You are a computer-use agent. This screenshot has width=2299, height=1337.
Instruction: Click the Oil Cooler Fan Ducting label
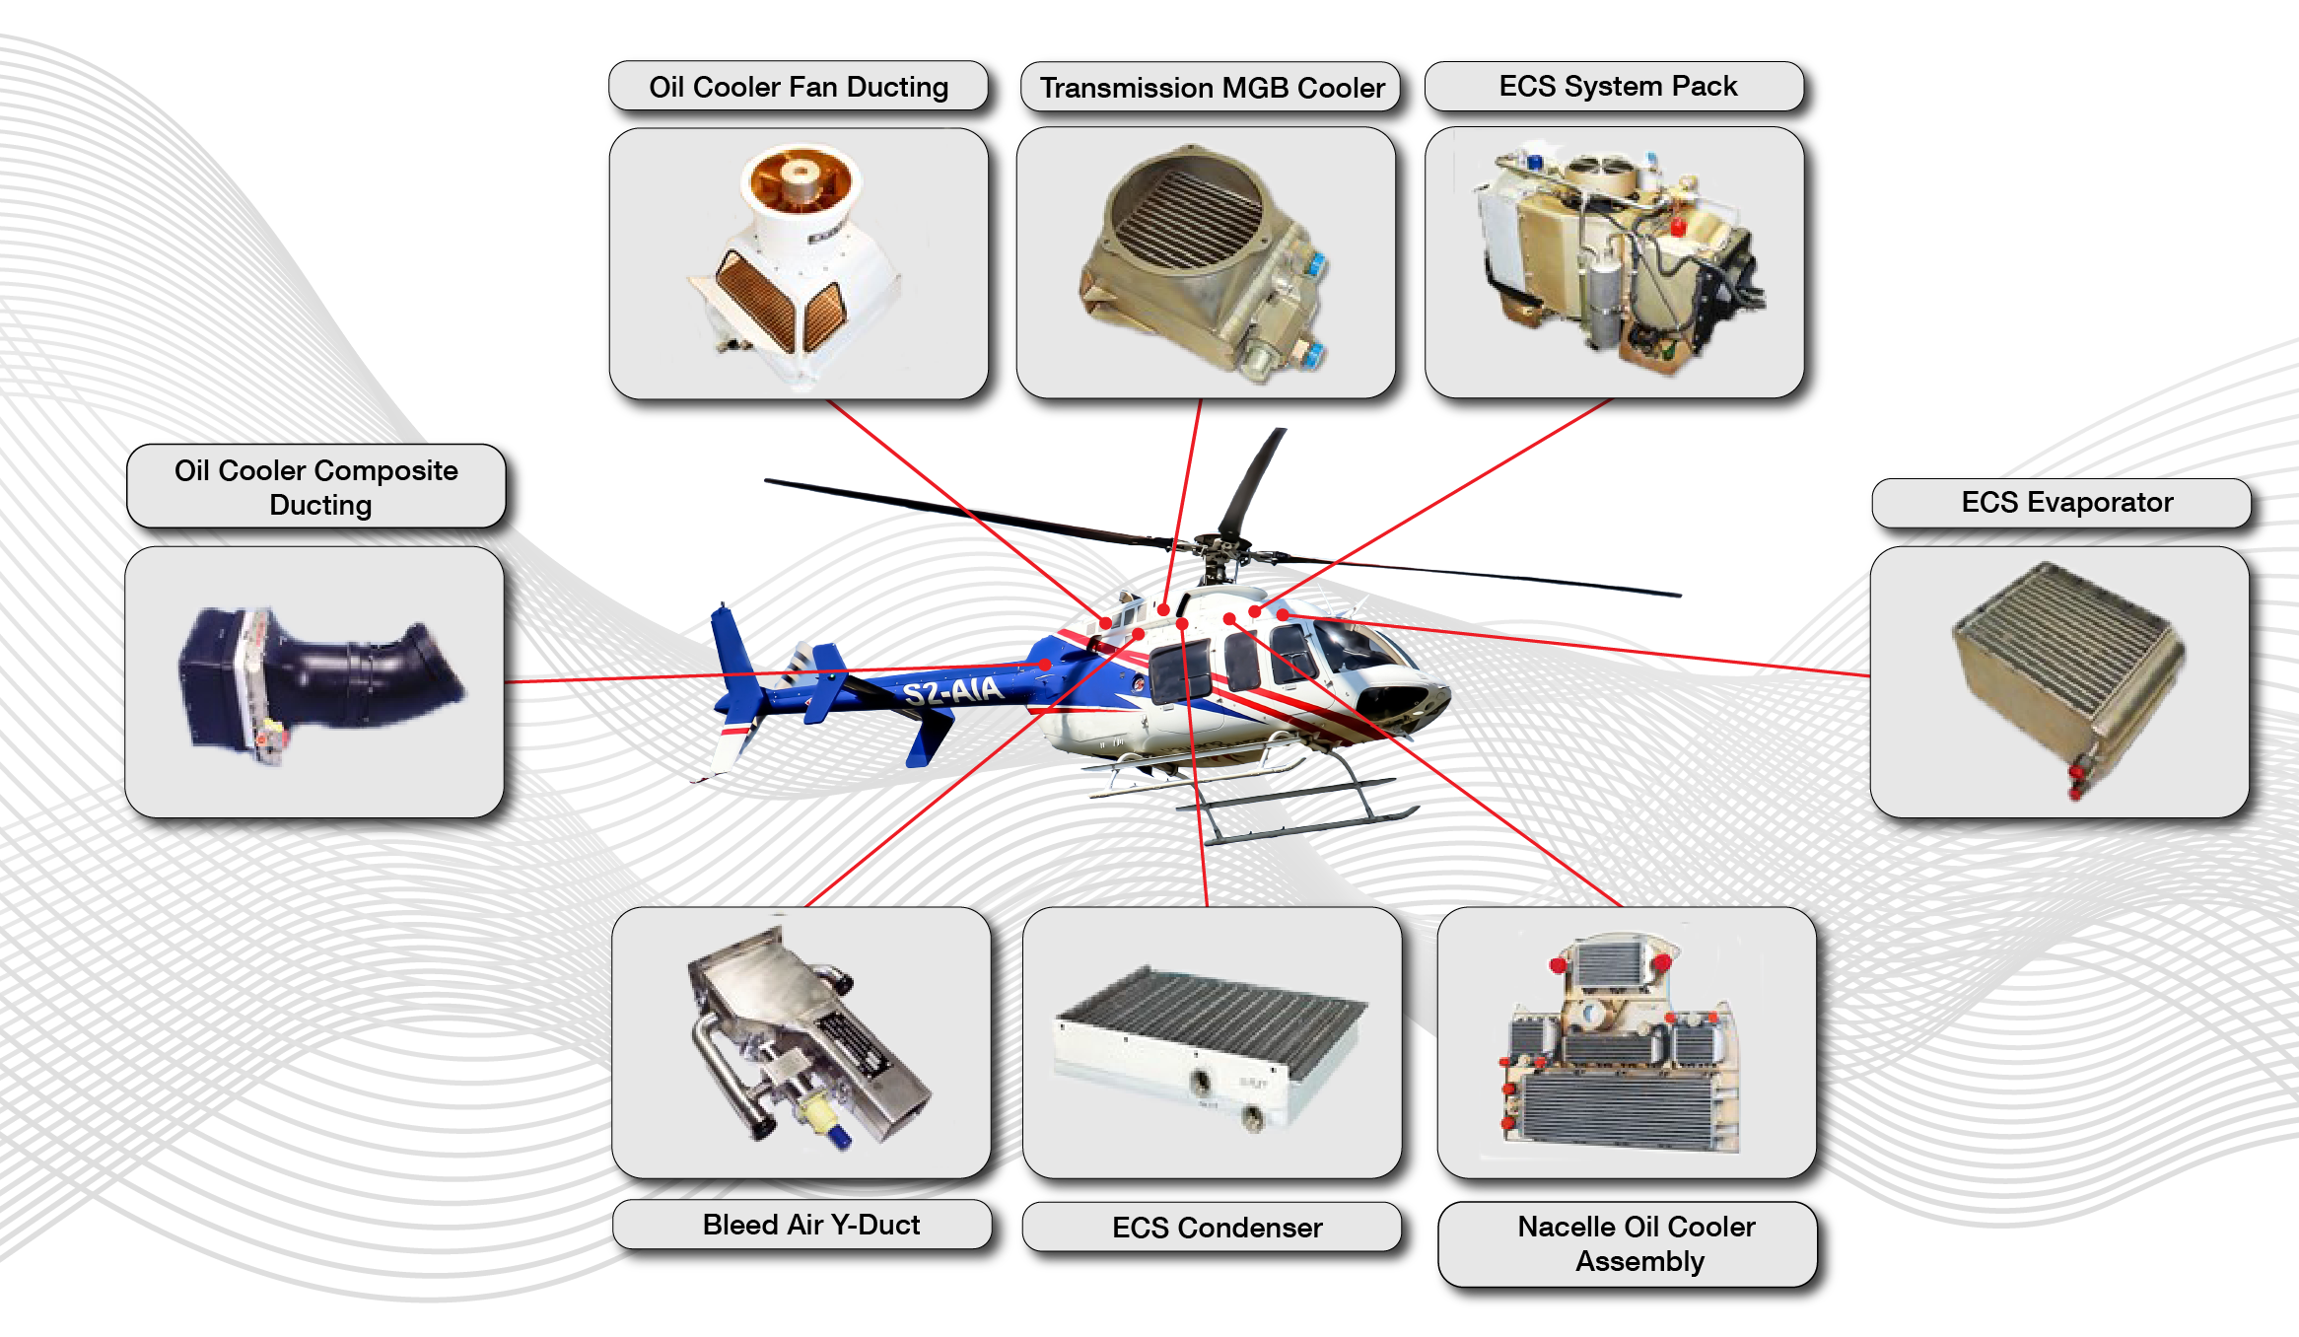coord(798,87)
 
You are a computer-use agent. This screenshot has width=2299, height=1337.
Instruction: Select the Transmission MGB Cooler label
coord(1212,88)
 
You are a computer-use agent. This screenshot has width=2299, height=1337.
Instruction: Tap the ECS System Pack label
coord(1617,86)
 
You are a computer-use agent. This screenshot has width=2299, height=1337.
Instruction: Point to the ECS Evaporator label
coord(2066,502)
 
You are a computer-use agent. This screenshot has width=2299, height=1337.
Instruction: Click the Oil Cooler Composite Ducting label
coord(316,487)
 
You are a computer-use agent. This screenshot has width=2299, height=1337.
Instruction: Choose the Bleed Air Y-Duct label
coord(810,1225)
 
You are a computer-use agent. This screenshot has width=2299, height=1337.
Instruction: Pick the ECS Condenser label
coord(1217,1228)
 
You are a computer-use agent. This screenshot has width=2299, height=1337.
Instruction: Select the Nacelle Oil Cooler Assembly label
coord(1637,1243)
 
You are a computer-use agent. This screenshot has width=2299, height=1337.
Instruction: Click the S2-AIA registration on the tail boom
coord(952,689)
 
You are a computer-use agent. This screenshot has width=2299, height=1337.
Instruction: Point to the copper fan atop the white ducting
coord(800,178)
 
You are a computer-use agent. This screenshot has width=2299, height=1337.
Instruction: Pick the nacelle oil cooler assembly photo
coord(1622,1045)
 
